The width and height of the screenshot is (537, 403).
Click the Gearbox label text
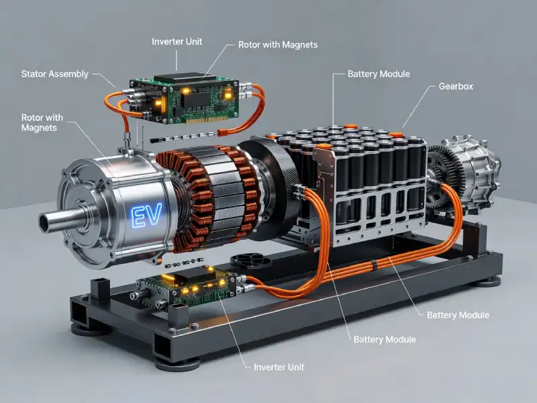[x=456, y=87]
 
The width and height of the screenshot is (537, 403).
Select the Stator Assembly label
[x=55, y=74]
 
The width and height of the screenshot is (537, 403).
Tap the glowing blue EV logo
[x=146, y=215]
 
